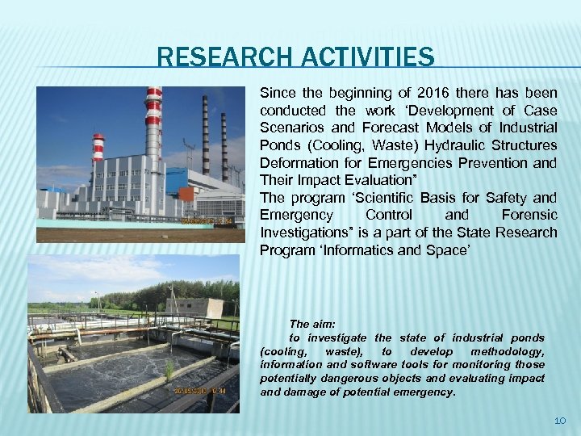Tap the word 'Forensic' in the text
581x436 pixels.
[x=529, y=215]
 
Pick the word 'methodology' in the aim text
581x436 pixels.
[x=511, y=351]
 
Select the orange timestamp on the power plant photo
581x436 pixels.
[x=207, y=220]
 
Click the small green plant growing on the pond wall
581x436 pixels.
[x=170, y=369]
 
